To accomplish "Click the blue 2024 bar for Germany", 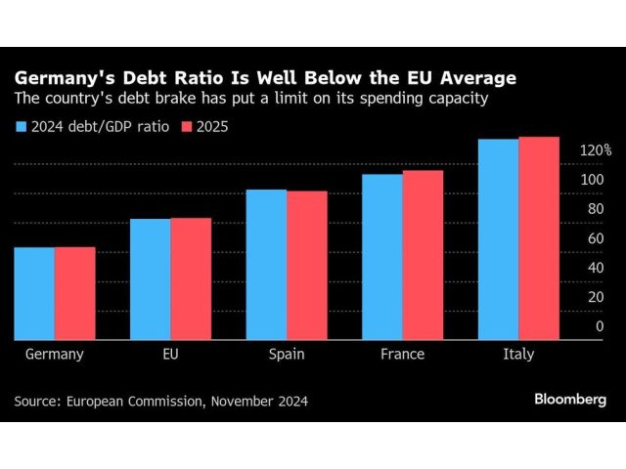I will [34, 293].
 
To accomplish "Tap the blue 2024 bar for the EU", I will [150, 278].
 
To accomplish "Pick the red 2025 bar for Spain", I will [306, 265].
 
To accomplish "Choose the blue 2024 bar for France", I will [381, 257].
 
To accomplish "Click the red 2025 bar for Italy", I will [538, 238].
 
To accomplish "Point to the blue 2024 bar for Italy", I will [498, 239].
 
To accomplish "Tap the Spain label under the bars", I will [286, 354].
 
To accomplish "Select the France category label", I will [402, 354].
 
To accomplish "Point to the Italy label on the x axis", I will [517, 354].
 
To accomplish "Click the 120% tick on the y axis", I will [595, 150].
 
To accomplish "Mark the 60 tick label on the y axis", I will [594, 238].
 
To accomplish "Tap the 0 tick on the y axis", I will [600, 326].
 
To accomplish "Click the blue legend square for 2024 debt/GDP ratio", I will [20, 125].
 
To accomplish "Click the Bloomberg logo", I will [570, 400].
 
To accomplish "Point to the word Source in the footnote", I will [36, 401].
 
